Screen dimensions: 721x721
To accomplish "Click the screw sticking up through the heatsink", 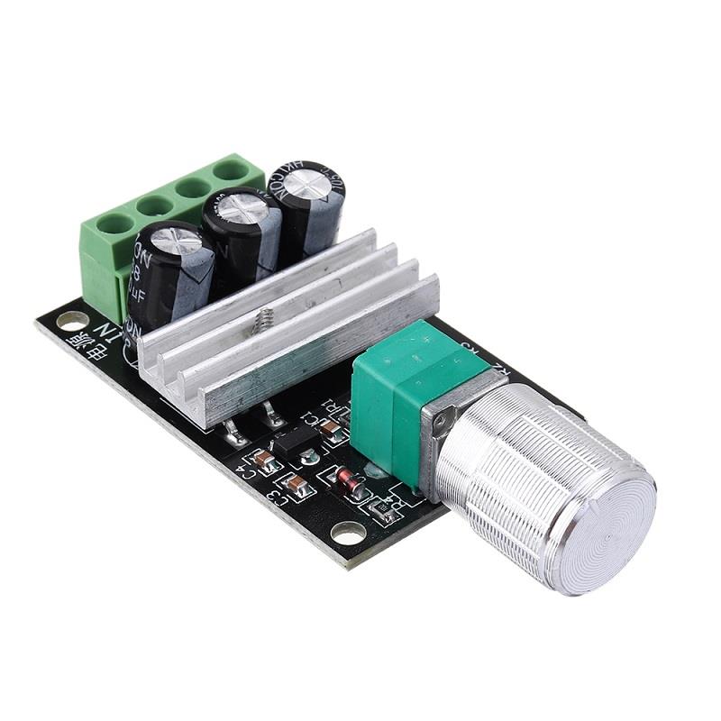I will pos(267,318).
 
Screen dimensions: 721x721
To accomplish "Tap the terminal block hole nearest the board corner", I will pos(115,224).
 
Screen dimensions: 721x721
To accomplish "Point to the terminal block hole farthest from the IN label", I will pos(232,169).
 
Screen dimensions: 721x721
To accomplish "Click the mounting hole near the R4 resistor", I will pos(348,533).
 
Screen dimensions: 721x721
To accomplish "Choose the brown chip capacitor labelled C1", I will pos(334,432).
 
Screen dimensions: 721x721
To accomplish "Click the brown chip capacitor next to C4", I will pos(264,461).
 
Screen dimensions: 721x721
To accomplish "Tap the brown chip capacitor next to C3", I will pos(297,487).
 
